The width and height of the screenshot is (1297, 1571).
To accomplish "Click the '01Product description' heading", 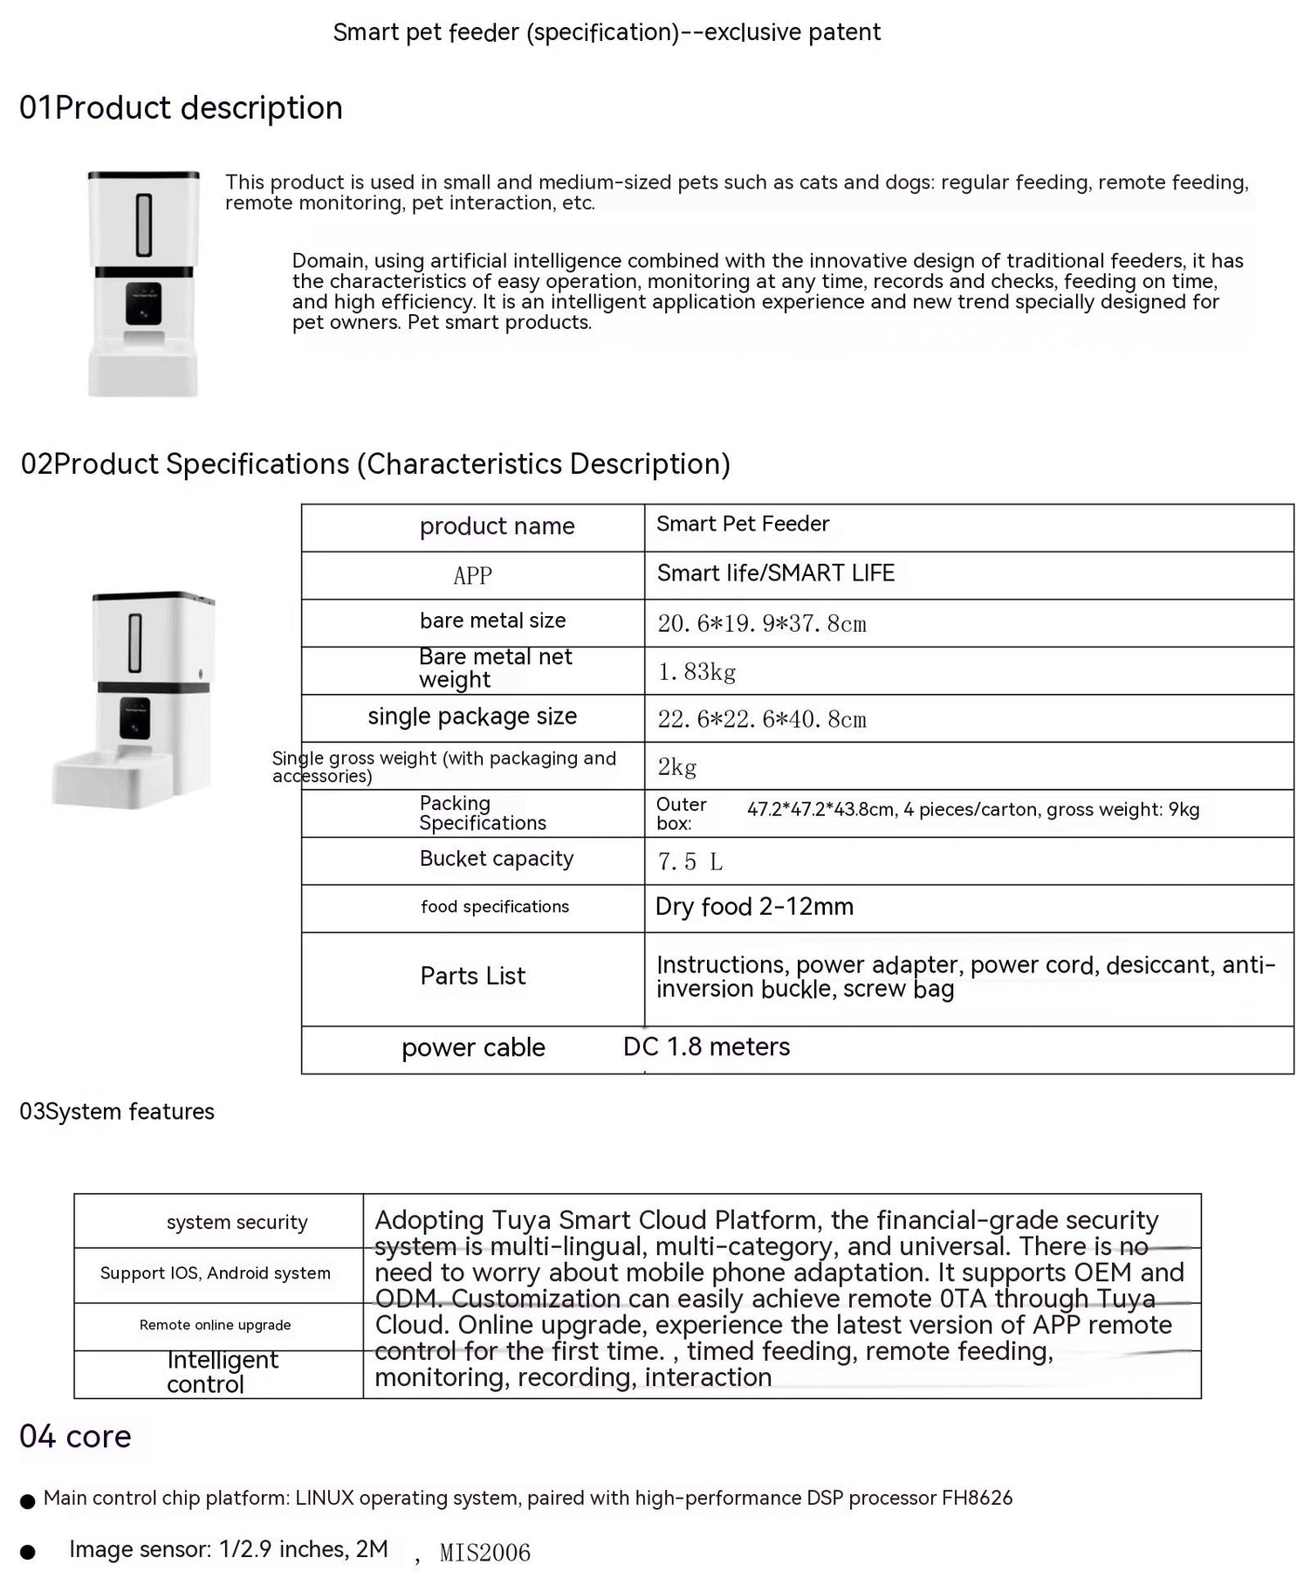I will pyautogui.click(x=181, y=108).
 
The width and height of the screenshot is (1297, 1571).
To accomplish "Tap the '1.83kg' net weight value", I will pyautogui.click(x=697, y=671).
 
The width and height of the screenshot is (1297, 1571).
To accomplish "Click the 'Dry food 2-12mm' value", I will pyautogui.click(x=754, y=907).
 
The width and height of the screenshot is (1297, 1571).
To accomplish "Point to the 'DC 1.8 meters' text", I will pyautogui.click(x=706, y=1046).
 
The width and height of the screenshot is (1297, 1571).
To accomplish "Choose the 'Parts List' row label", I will pyautogui.click(x=472, y=976).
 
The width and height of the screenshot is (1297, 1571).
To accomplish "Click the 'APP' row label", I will pyautogui.click(x=472, y=576).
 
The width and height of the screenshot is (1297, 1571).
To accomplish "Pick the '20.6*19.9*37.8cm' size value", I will pyautogui.click(x=761, y=624).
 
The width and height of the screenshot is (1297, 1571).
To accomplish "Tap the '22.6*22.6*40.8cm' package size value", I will pyautogui.click(x=761, y=719).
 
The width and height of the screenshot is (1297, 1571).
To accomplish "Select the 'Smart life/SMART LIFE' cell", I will pyautogui.click(x=775, y=573).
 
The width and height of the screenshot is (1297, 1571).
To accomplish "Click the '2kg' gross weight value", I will pyautogui.click(x=676, y=767).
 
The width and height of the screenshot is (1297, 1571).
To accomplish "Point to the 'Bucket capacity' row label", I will pyautogui.click(x=496, y=859).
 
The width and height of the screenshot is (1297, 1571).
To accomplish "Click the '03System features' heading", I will pyautogui.click(x=117, y=1112).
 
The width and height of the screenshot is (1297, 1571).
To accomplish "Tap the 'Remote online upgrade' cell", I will pyautogui.click(x=215, y=1325).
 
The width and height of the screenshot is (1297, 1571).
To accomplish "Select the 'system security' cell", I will pyautogui.click(x=237, y=1222).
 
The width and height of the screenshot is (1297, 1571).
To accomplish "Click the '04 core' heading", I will pyautogui.click(x=75, y=1437).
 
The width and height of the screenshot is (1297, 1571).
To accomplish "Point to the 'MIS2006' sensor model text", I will pyautogui.click(x=484, y=1553).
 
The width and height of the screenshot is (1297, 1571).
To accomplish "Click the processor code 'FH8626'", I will pyautogui.click(x=977, y=1498).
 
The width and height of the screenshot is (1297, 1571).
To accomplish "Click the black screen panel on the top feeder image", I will pyautogui.click(x=143, y=303).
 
